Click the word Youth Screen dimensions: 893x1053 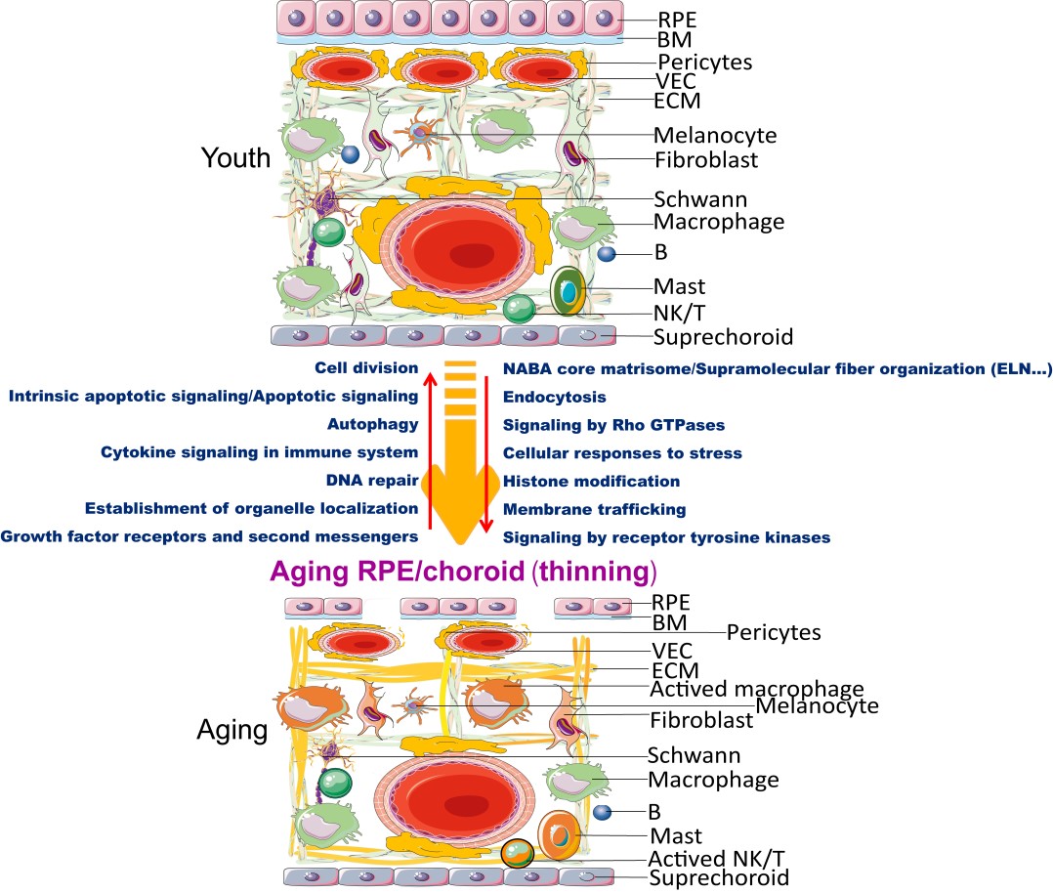pyautogui.click(x=235, y=158)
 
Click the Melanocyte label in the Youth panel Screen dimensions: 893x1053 pyautogui.click(x=715, y=135)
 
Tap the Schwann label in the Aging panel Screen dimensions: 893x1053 pyautogui.click(x=694, y=755)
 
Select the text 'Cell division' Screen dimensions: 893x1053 pyautogui.click(x=366, y=368)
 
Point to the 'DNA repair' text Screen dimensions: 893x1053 pyautogui.click(x=372, y=481)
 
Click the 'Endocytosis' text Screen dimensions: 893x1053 pyautogui.click(x=554, y=397)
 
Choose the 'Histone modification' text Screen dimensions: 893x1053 pyautogui.click(x=591, y=481)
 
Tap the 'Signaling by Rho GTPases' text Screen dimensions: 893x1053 pyautogui.click(x=613, y=425)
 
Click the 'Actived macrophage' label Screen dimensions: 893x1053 pyautogui.click(x=757, y=690)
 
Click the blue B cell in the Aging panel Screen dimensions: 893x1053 pyautogui.click(x=603, y=812)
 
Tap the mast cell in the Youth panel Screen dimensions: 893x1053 pyautogui.click(x=568, y=292)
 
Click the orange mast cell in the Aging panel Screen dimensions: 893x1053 pyautogui.click(x=560, y=835)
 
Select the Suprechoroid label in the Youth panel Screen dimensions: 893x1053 pyautogui.click(x=723, y=338)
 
